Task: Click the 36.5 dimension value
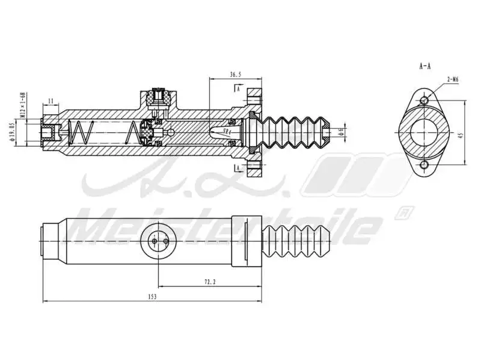pos(235,74)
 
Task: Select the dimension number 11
pos(51,101)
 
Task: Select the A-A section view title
pos(424,66)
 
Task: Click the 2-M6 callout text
pos(453,79)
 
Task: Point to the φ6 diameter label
pos(340,132)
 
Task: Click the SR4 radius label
pos(227,131)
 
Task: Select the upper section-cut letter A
pos(239,88)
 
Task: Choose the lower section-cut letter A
pos(239,167)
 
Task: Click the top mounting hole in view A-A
pos(424,99)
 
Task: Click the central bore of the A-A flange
pos(424,132)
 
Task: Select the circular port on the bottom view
pos(158,241)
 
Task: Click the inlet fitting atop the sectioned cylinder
pos(159,96)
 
